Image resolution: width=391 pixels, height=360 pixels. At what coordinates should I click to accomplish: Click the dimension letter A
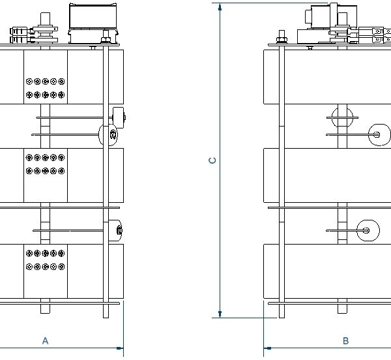(45, 340)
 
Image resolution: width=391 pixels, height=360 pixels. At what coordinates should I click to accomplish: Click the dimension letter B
(346, 340)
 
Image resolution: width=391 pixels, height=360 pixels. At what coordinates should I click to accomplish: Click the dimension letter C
(212, 160)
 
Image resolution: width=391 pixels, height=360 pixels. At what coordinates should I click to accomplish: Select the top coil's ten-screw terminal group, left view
(45, 88)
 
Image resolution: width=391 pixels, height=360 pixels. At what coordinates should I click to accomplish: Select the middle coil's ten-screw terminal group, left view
(45, 164)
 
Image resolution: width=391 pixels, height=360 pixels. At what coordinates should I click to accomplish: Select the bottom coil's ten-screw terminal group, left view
(45, 260)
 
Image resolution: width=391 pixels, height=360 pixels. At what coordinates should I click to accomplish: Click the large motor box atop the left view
(92, 18)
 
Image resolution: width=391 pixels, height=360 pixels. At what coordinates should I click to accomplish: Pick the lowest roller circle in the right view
(367, 229)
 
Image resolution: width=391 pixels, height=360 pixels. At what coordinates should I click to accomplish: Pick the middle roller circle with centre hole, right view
(377, 134)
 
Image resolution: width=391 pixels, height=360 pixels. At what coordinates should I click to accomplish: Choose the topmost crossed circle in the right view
(342, 117)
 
